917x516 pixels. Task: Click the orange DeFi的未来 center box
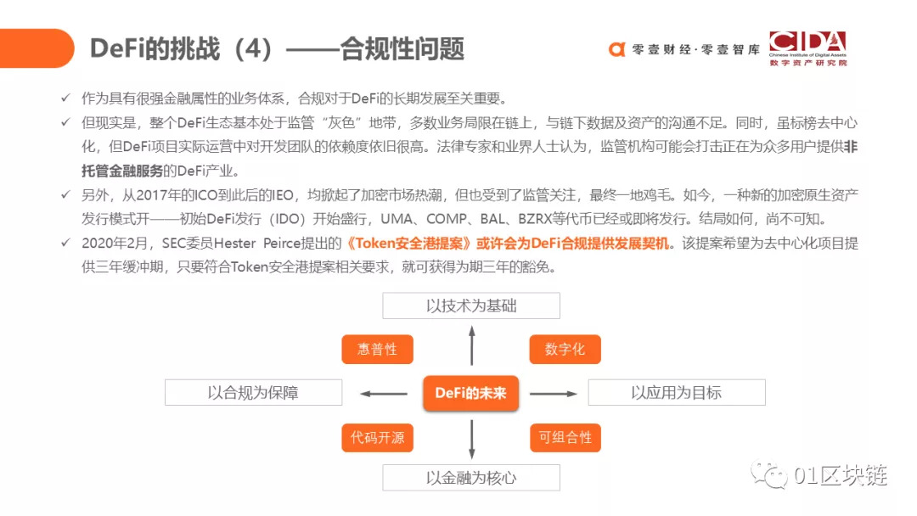pos(470,393)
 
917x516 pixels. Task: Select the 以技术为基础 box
pos(471,306)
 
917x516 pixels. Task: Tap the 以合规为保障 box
pos(253,392)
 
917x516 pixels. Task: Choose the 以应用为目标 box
pos(677,392)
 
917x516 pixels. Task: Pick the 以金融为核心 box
pos(471,478)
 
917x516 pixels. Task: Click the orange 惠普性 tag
pos(377,349)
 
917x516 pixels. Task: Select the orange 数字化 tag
pos(565,349)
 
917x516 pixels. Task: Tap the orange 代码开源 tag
pos(377,437)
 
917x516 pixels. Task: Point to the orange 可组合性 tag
pos(565,437)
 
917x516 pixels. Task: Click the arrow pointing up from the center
pos(472,345)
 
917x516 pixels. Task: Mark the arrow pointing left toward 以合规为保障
pos(384,393)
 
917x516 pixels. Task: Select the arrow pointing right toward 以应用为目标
pos(554,393)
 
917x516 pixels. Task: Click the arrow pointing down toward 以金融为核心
pos(472,439)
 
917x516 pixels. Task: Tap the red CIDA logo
pos(807,48)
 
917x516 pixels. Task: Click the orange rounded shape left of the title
pos(37,48)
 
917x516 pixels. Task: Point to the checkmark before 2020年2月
pos(66,243)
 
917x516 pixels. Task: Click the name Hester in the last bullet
pos(234,243)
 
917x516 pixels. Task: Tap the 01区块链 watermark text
pos(841,475)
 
